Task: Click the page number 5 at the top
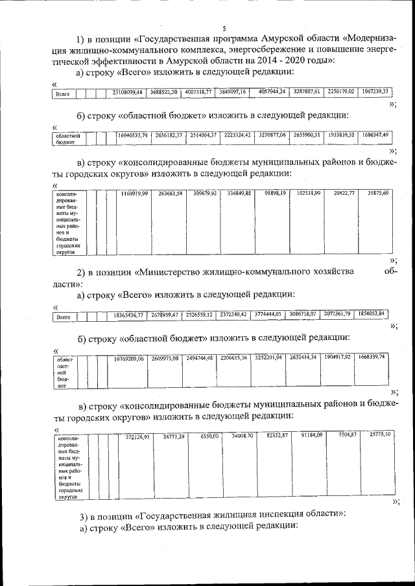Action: (x=224, y=28)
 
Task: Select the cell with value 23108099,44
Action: (x=127, y=92)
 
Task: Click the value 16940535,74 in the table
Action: (x=132, y=135)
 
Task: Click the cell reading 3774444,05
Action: (x=266, y=314)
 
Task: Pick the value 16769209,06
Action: (x=128, y=357)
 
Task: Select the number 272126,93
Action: (x=137, y=438)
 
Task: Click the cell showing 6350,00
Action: (x=211, y=437)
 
